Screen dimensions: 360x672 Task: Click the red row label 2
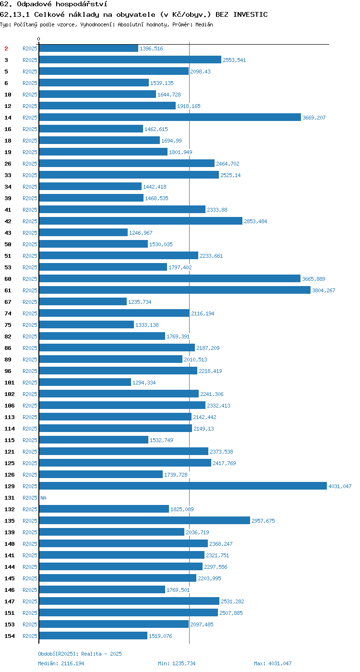coord(6,48)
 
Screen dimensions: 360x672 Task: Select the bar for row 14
coord(170,117)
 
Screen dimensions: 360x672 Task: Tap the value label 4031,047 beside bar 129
coord(340,486)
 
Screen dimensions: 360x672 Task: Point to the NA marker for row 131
coord(44,498)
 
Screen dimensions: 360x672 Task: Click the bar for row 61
coord(175,290)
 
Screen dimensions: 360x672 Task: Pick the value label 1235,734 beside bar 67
coord(140,302)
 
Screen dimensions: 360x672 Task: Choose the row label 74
coord(8,313)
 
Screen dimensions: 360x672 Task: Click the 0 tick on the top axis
coord(39,39)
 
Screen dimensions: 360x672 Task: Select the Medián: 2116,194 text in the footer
coord(61,663)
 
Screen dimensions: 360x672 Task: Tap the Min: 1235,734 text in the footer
coord(177,663)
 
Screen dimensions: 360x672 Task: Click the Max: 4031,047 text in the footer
coord(273,663)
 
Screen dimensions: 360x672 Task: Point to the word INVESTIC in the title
coord(251,14)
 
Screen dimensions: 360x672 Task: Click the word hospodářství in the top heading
coord(81,4)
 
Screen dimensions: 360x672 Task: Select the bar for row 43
coord(84,232)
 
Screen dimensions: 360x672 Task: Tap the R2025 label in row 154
coord(30,636)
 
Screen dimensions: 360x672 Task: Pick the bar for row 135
coord(144,520)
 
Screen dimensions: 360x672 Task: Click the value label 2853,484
coord(255,221)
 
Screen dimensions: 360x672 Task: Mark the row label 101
coord(10,383)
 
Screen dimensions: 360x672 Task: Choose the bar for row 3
coord(130,60)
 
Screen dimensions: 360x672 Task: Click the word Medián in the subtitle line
coord(204,24)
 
